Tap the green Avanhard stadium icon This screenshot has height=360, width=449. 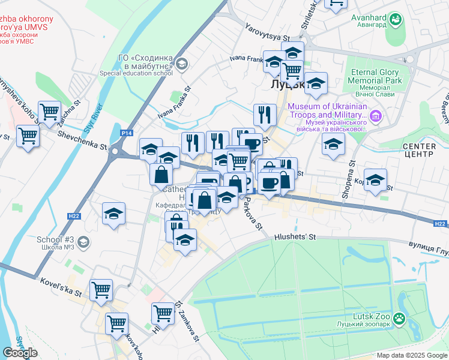pos(396,22)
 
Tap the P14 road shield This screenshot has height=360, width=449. pos(126,133)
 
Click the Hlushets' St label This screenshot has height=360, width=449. pos(295,237)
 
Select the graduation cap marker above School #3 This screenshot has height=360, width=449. pos(113,214)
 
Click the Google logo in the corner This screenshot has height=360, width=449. pos(20,353)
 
